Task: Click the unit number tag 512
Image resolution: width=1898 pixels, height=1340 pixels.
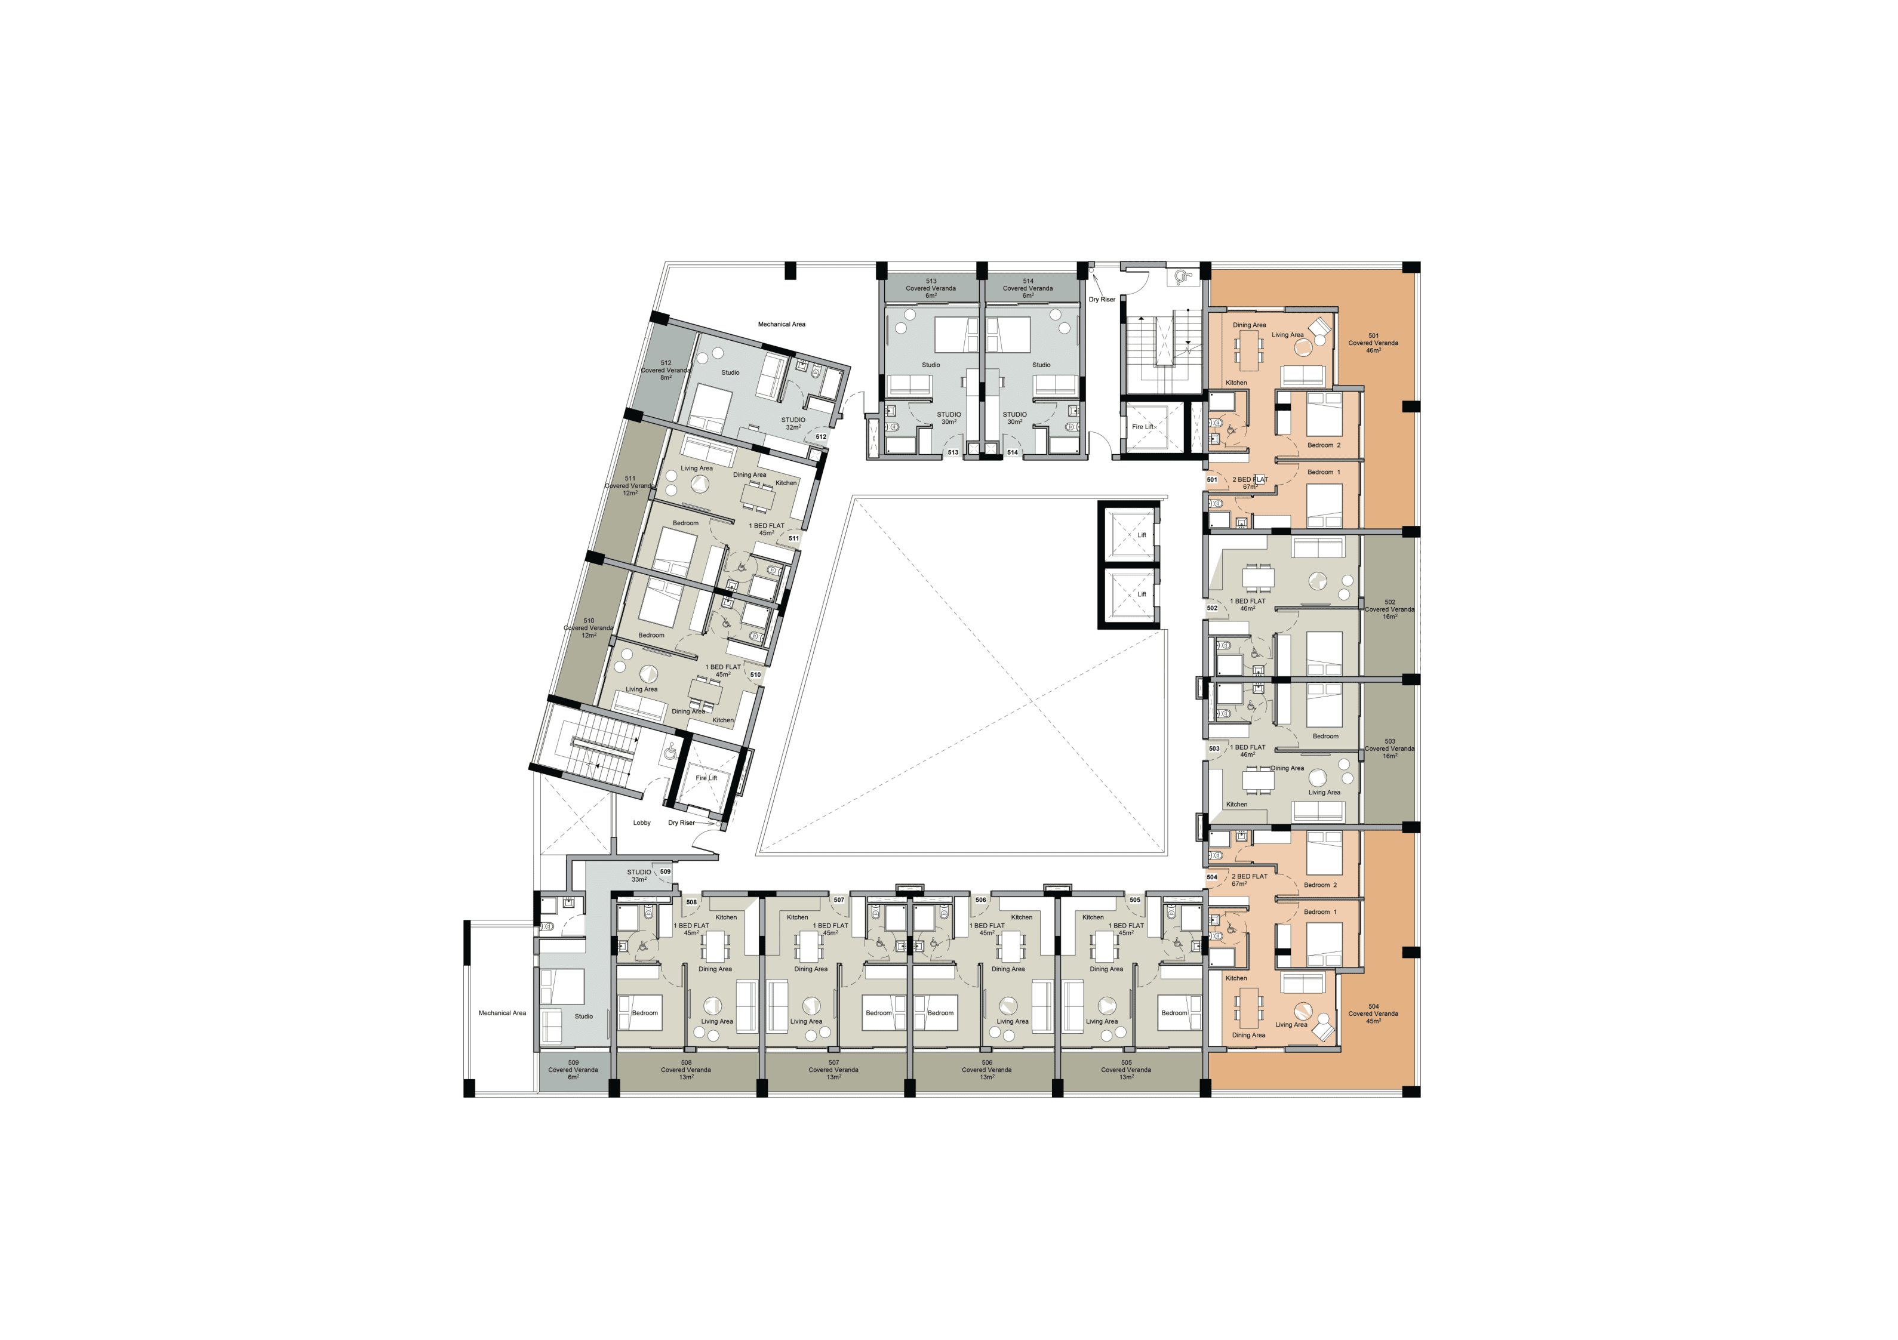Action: coord(821,436)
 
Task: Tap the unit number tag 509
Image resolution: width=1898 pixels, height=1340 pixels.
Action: coord(666,871)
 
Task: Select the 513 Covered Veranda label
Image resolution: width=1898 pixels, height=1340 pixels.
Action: coord(931,288)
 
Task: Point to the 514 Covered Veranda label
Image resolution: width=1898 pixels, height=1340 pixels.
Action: coord(1028,288)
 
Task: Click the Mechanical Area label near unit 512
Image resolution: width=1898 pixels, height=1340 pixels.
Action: coord(781,324)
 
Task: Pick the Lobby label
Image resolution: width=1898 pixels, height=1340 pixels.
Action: coord(642,823)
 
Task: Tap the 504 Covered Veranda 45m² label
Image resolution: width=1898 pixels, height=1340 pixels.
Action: coord(1373,1014)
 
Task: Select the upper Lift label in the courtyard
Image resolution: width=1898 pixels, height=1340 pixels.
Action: coord(1142,535)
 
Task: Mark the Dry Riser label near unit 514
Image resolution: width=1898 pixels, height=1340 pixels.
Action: coord(1102,299)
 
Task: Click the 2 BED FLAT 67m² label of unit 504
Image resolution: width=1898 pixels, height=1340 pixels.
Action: coord(1249,880)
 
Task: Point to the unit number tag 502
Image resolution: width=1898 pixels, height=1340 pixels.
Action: coord(1212,608)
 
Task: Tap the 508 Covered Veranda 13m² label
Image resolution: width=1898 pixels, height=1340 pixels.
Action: coord(686,1070)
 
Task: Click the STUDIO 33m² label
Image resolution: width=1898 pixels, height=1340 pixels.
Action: coord(639,876)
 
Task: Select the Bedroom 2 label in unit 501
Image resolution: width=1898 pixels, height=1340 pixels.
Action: coord(1324,445)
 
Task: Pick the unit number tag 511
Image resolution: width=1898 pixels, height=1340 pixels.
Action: coord(793,538)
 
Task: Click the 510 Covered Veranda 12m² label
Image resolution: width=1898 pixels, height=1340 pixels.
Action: coord(589,627)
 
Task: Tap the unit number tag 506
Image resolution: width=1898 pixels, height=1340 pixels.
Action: coord(980,900)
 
